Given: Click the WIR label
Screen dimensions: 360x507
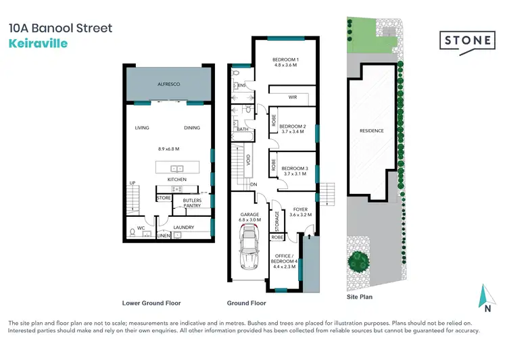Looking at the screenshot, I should pos(293,97).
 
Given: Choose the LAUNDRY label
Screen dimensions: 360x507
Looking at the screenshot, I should pos(184,228).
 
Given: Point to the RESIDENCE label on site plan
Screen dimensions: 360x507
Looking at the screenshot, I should pos(371,131).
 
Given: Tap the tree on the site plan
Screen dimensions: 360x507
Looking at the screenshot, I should pos(358,260).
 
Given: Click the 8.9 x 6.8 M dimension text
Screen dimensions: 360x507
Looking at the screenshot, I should pos(168,148).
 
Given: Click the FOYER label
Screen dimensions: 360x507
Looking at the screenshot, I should pos(299,209).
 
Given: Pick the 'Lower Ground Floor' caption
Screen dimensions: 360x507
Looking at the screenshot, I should pos(151,303).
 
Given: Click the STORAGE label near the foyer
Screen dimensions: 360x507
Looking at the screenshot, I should pos(276,220).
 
